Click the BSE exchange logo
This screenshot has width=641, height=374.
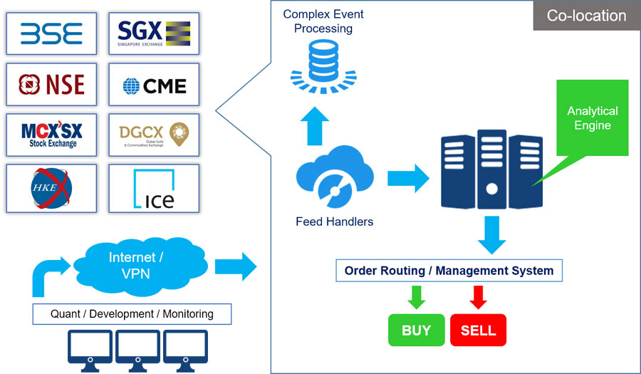pyautogui.click(x=51, y=33)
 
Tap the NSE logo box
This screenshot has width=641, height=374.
pyautogui.click(x=51, y=85)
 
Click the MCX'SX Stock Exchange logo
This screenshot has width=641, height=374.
pyautogui.click(x=51, y=134)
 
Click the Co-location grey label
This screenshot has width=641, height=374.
pyautogui.click(x=586, y=16)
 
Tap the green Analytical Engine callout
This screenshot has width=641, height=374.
pyautogui.click(x=592, y=118)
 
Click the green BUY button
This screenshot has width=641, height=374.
pyautogui.click(x=416, y=331)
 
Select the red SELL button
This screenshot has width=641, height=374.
pyautogui.click(x=478, y=331)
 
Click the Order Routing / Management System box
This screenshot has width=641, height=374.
pyautogui.click(x=449, y=271)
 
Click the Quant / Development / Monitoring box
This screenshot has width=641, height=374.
pyautogui.click(x=132, y=313)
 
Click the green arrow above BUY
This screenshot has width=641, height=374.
pyautogui.click(x=416, y=296)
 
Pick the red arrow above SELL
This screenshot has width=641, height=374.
pyautogui.click(x=478, y=296)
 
